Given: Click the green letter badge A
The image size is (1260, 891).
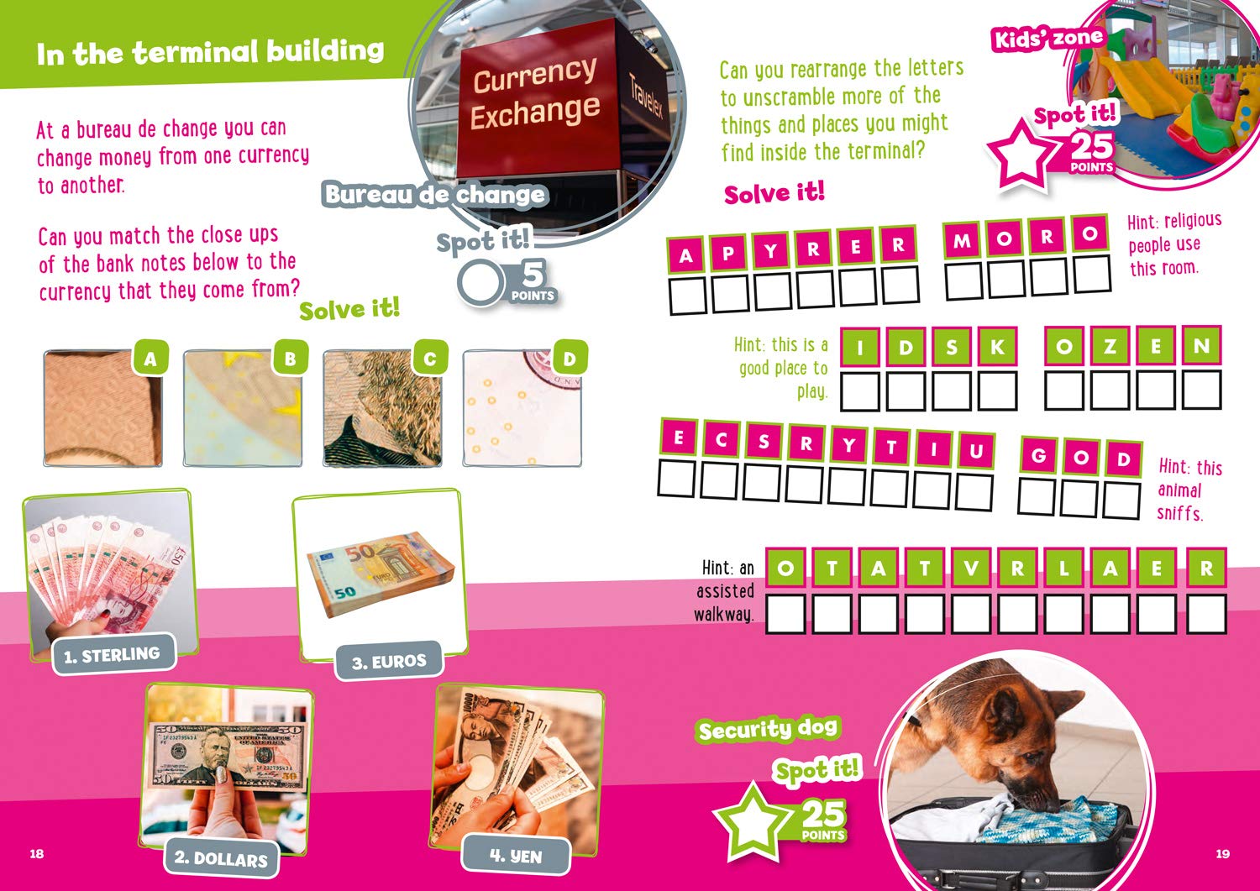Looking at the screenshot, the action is point(150,358).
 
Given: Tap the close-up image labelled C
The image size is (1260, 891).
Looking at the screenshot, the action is point(382,408).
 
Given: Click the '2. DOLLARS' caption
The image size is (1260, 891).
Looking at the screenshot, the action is point(220,858).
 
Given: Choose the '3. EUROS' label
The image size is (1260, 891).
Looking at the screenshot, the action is point(389,661).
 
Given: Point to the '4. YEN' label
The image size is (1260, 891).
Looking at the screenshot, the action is point(516,856).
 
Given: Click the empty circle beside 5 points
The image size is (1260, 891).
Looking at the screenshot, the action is point(480,282).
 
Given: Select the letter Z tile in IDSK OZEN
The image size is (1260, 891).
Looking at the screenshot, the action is point(1110,346).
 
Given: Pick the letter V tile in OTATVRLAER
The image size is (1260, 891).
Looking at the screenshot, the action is point(971,569).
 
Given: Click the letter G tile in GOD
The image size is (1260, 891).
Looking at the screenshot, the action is point(1039,454).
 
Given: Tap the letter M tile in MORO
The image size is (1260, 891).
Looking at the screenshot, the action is point(962,240).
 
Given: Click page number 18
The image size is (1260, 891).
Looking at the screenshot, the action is point(37,854).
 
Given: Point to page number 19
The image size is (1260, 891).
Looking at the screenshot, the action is point(1223,854).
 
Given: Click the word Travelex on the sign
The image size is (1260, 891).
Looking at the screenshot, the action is point(646,97).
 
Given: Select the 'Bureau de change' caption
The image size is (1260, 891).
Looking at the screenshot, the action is point(434,195).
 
